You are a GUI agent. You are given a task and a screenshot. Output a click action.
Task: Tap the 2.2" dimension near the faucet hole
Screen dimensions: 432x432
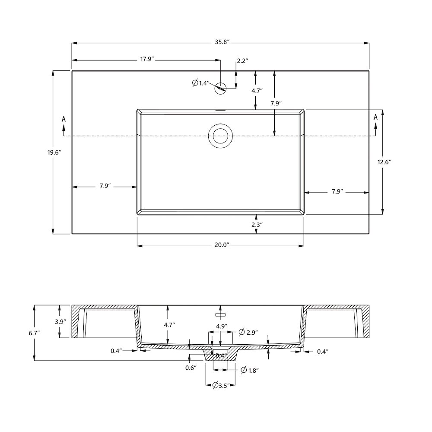coord(241,61)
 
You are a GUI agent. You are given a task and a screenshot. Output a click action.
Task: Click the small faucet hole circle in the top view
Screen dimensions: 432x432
coord(220,88)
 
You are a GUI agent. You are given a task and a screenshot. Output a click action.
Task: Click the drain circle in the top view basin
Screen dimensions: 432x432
coord(220,135)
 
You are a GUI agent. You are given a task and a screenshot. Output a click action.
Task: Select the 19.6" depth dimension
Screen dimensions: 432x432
coord(54,152)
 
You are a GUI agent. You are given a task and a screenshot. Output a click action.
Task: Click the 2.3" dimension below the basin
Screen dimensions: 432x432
coord(257,224)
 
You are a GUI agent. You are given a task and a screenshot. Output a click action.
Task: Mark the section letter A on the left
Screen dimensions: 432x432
coord(64,118)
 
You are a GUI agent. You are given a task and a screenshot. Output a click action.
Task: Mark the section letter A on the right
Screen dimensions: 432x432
coord(375,117)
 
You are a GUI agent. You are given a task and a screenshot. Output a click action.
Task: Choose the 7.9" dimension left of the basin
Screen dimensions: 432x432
coord(104,187)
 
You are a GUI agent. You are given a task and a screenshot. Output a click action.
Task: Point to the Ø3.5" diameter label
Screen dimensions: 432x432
coord(221,386)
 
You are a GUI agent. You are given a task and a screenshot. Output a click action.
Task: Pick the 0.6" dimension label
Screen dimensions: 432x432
coord(191,368)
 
